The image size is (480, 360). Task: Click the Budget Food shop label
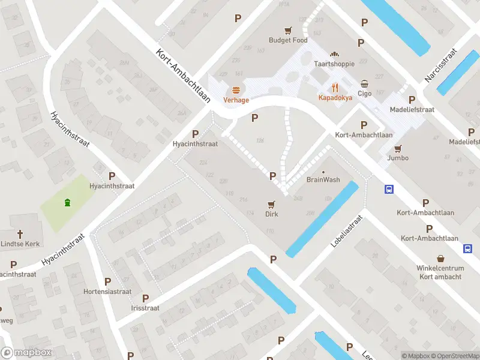pyautogui.click(x=288, y=40)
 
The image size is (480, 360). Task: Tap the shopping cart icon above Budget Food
pyautogui.click(x=289, y=30)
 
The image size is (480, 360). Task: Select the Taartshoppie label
pyautogui.click(x=334, y=64)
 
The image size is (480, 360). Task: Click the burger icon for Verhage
pyautogui.click(x=236, y=90)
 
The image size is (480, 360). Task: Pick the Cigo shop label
pyautogui.click(x=365, y=94)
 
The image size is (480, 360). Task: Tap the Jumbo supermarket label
pyautogui.click(x=398, y=158)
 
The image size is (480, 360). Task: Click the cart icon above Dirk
pyautogui.click(x=272, y=204)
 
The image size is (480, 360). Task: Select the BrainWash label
pyautogui.click(x=323, y=179)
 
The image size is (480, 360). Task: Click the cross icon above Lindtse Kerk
pyautogui.click(x=20, y=234)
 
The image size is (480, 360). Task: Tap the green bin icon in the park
pyautogui.click(x=67, y=203)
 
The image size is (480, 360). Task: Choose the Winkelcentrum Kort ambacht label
pyautogui.click(x=440, y=272)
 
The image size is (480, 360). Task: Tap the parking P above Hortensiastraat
pyautogui.click(x=108, y=281)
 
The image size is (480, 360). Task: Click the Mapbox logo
pyautogui.click(x=26, y=353)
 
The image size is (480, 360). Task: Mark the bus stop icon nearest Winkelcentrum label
pyautogui.click(x=467, y=248)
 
